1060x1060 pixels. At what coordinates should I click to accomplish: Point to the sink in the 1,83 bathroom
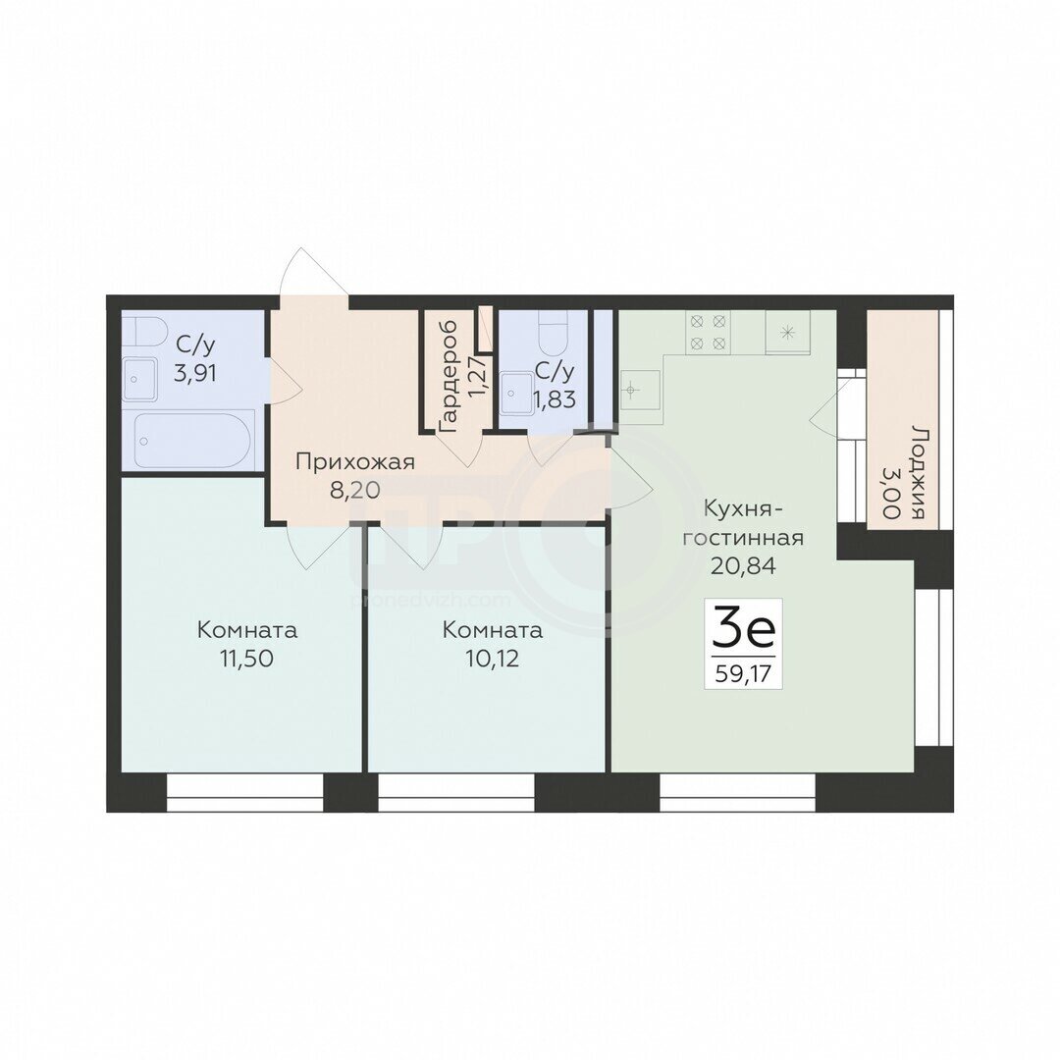516,395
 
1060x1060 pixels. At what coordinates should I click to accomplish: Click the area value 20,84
742,565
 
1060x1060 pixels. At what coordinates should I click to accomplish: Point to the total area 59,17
743,674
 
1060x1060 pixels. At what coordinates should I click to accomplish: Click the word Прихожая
355,462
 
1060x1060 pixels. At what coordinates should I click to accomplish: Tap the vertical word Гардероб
449,377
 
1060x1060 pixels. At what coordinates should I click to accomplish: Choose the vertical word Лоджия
918,472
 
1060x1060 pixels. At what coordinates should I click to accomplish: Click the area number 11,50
246,659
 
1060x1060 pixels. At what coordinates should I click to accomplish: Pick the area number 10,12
492,659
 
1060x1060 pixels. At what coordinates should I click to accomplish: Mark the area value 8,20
355,490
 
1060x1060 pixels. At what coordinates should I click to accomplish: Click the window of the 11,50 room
245,792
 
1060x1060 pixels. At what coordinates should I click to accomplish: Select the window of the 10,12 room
456,792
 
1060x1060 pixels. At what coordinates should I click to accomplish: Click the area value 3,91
194,373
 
